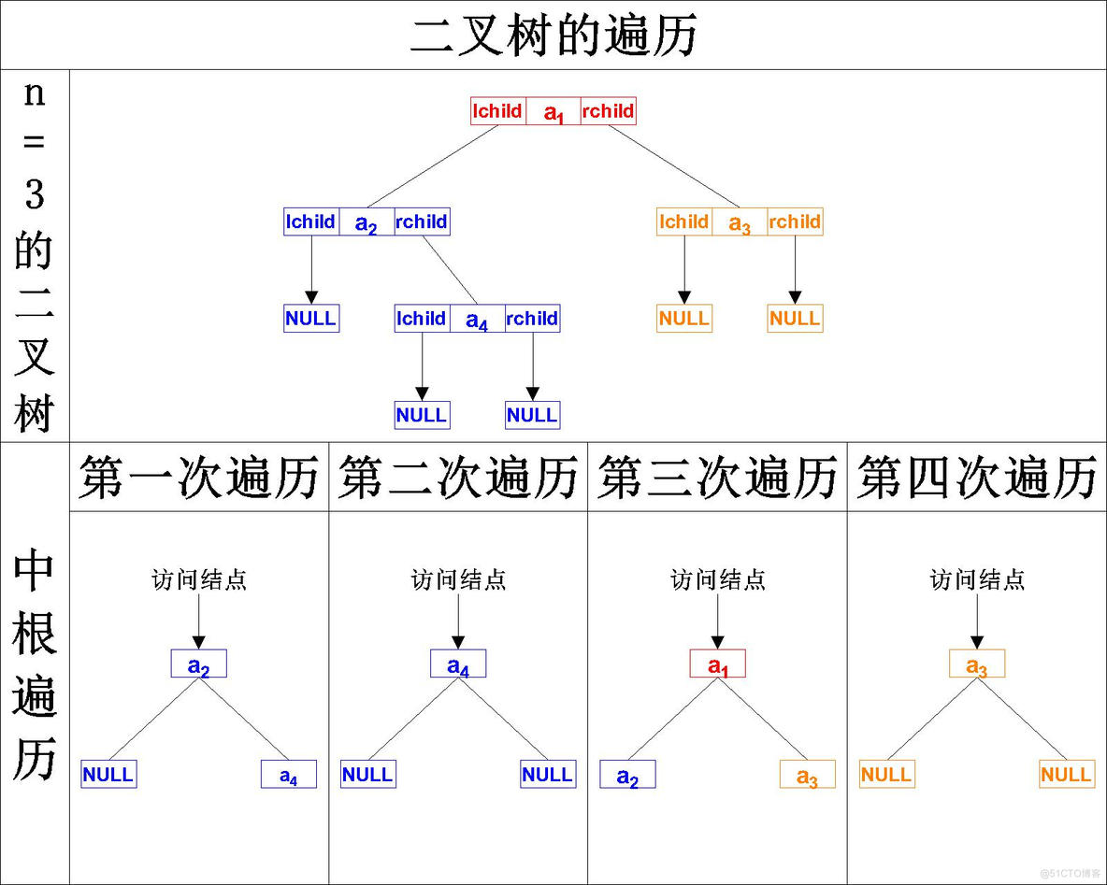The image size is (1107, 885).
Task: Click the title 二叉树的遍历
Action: coord(553,36)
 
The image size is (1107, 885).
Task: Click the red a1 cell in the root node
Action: coord(553,112)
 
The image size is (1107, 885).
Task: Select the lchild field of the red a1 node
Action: coord(497,111)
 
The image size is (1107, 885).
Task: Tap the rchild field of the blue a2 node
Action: coord(422,222)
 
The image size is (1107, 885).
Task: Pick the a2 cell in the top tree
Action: coord(367,222)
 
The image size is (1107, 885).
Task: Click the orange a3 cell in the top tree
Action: coord(740,222)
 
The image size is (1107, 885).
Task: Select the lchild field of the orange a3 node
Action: coord(684,222)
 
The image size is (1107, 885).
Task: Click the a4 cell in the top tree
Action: coord(477,319)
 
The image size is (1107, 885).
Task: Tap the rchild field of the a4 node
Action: coord(532,319)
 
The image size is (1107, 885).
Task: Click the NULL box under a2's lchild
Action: coord(310,319)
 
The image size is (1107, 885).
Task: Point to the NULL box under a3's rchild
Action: coord(795,319)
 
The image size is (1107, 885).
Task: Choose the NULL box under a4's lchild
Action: coord(422,415)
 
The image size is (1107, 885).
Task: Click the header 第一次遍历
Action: coord(199,478)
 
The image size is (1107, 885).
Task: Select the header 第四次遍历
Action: coord(977,478)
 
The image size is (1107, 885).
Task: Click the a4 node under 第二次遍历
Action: coord(458,664)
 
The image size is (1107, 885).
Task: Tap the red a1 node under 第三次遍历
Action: coord(717,664)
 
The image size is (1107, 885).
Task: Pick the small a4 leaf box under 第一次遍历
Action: coord(288,775)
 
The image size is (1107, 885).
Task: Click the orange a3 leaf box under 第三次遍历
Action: coord(807,775)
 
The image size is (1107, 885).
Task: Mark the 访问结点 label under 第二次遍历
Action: coord(458,580)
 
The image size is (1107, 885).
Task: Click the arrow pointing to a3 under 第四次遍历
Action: coord(977,621)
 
